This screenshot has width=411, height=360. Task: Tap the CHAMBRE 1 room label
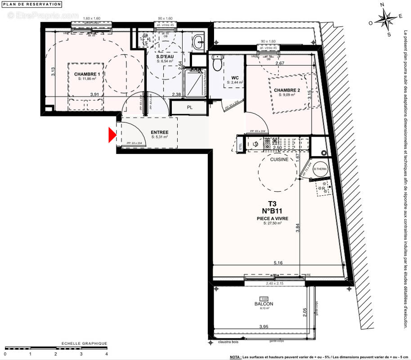point(87,74)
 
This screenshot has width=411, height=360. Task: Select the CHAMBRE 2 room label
point(286,90)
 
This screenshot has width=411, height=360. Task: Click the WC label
point(235,78)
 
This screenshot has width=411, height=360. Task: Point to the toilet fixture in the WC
point(217,63)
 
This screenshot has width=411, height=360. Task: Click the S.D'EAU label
point(165,57)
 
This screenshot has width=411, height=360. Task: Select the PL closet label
point(190,108)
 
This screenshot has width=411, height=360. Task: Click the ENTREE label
point(160,132)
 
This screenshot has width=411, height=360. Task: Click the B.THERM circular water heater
point(320,169)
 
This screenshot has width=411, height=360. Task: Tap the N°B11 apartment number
point(273,210)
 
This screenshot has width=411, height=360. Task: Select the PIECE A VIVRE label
point(273,218)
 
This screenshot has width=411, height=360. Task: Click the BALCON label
point(263,304)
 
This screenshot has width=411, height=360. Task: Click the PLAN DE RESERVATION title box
point(32,4)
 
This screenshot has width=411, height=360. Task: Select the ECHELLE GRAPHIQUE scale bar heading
point(84,343)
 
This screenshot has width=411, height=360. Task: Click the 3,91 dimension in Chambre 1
point(94,94)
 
